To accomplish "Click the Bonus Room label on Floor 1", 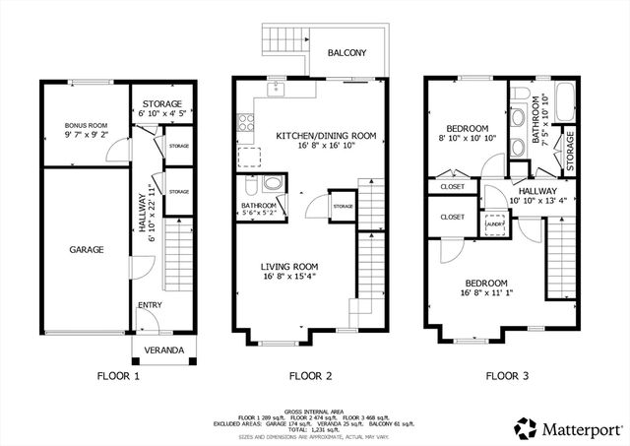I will click(86, 125).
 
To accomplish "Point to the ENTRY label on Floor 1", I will click(149, 305).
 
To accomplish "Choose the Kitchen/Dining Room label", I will click(326, 136).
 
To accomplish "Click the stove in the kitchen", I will click(245, 125).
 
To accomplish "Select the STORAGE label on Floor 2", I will click(343, 207).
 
